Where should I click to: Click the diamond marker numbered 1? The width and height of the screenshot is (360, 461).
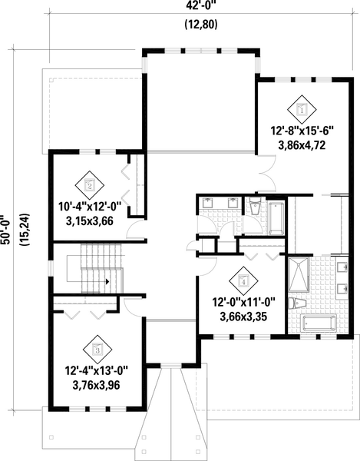(x=302, y=111)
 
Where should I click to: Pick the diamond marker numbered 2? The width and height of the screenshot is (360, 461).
(x=90, y=185)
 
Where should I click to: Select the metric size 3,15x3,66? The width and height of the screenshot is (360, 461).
(x=90, y=220)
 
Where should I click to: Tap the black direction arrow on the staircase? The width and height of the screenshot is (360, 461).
(x=107, y=281)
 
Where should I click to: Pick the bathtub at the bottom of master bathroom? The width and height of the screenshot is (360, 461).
(x=321, y=322)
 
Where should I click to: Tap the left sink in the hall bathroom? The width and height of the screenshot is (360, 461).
(x=208, y=204)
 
